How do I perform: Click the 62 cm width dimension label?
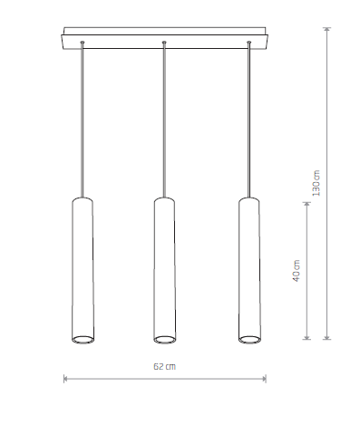pos(164,367)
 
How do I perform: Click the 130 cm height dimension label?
pos(316,184)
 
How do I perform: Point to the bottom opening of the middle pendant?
pos(164,340)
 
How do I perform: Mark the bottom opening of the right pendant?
pos(248,340)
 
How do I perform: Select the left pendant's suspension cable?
pos(82,118)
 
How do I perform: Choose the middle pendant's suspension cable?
pos(164,118)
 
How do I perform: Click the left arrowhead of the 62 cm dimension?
pos(66,379)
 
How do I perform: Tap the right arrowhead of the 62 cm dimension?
pos(265,379)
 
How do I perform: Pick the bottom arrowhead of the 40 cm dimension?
pos(309,342)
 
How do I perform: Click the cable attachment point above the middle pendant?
pos(164,43)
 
